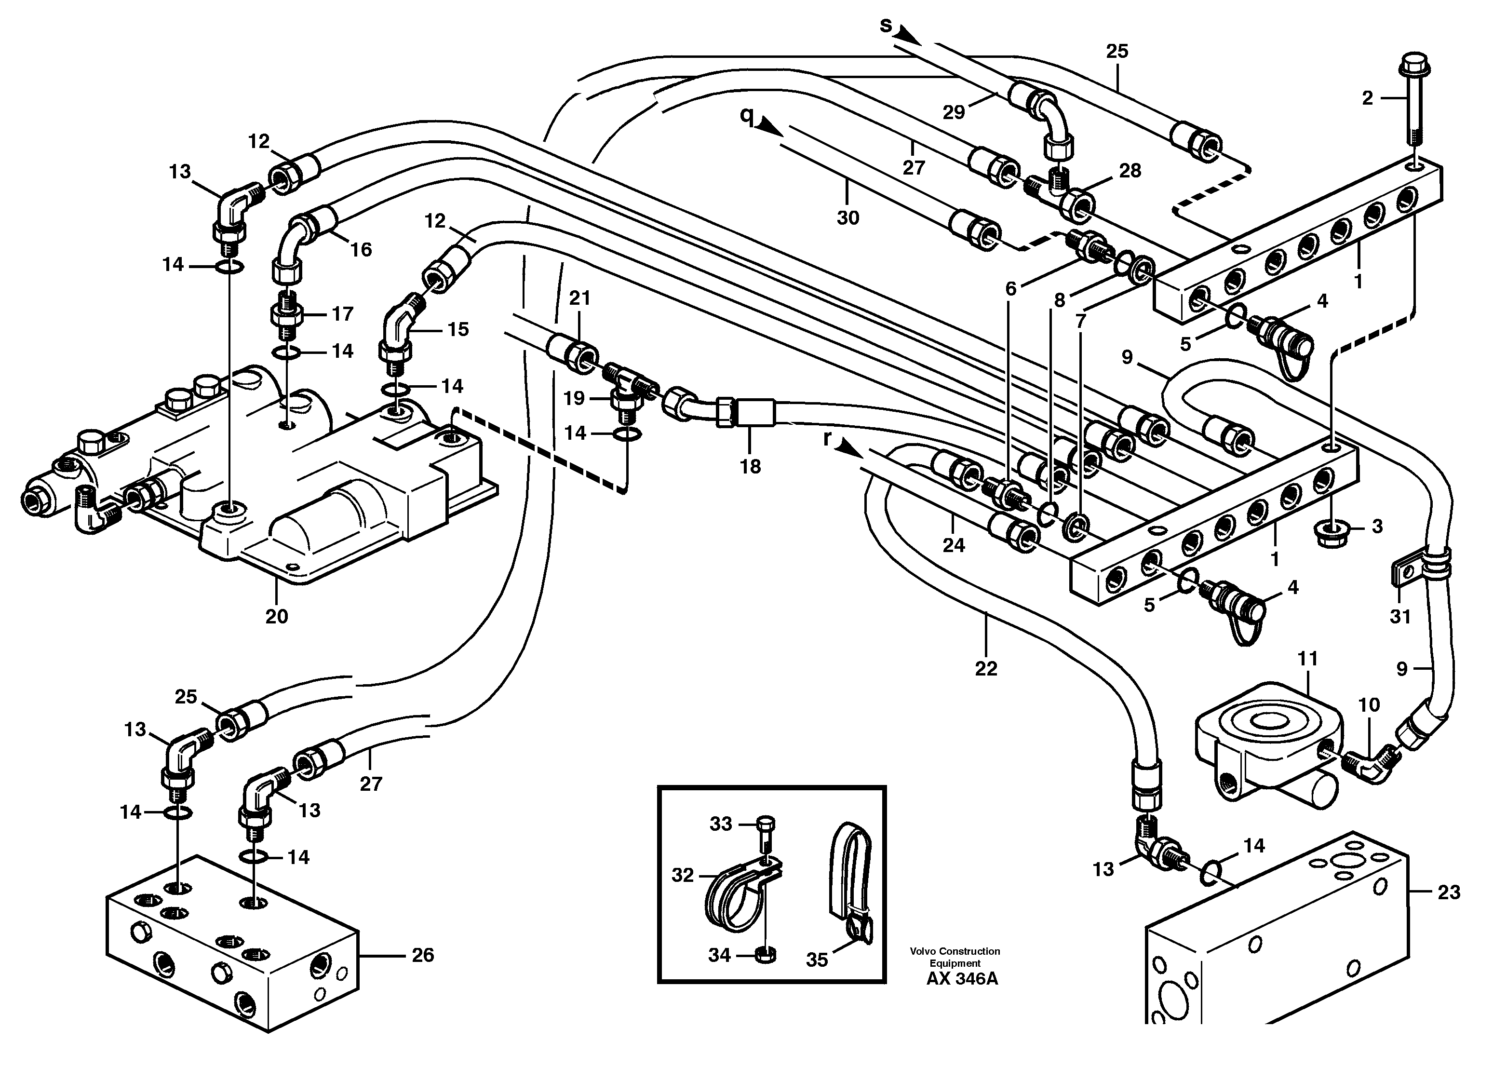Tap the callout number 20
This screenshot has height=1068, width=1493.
point(276,616)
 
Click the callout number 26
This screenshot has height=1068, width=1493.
point(423,955)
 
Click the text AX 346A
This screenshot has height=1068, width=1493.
point(961,979)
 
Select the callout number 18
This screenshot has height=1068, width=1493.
point(750,466)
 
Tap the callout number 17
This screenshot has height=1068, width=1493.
point(342,314)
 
